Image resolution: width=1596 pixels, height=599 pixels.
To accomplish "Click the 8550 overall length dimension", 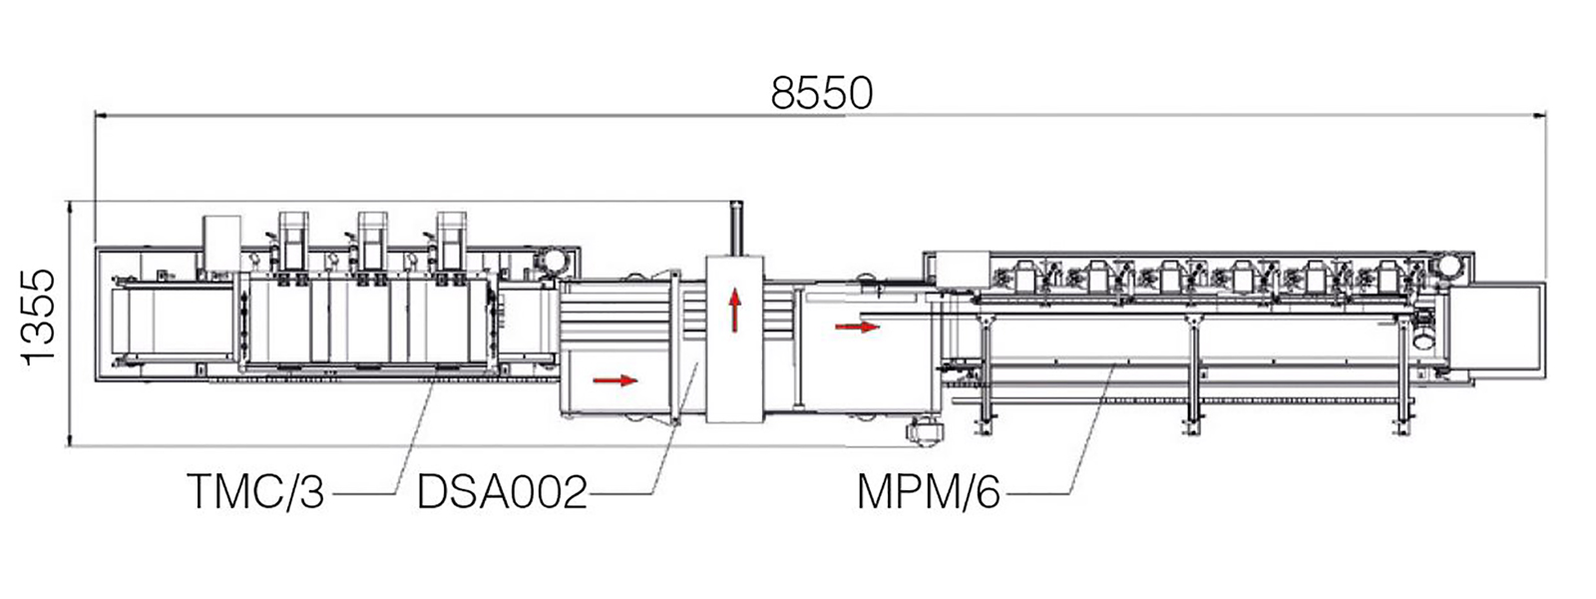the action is coord(822,94).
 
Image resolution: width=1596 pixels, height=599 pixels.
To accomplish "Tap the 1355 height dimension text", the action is coord(38,317).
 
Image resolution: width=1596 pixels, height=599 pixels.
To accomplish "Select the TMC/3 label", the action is coord(256,491).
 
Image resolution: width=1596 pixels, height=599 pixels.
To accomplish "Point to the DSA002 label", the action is coord(503,491).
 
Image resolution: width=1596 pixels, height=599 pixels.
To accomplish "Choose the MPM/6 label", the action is coord(929,491).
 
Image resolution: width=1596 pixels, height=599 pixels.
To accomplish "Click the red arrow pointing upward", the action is coord(734,309).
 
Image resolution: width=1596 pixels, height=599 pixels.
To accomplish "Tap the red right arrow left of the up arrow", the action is coord(615,380).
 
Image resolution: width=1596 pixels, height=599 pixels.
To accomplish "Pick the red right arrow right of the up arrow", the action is coord(858,327).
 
